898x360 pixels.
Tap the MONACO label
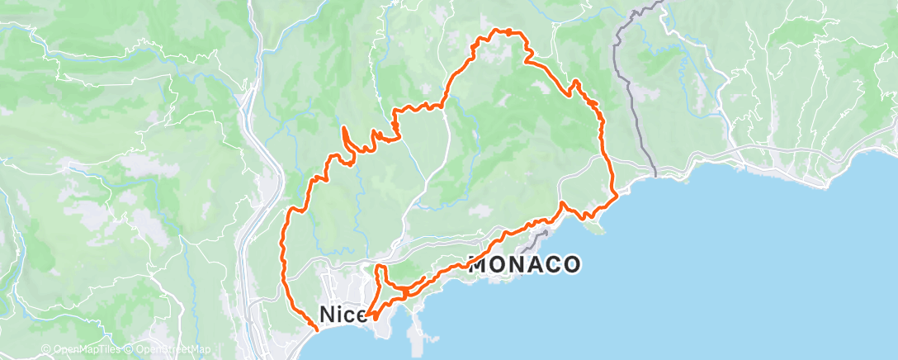[525, 265]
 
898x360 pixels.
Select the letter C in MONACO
[551, 265]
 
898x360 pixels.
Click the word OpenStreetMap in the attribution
[180, 350]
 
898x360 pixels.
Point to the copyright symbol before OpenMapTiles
[46, 350]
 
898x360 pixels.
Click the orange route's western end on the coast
[318, 329]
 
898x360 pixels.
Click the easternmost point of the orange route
[617, 197]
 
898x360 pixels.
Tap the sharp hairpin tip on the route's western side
[344, 128]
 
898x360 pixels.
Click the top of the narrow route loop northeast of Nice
[379, 268]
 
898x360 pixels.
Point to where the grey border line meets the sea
[655, 174]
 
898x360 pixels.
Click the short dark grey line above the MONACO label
[540, 237]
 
